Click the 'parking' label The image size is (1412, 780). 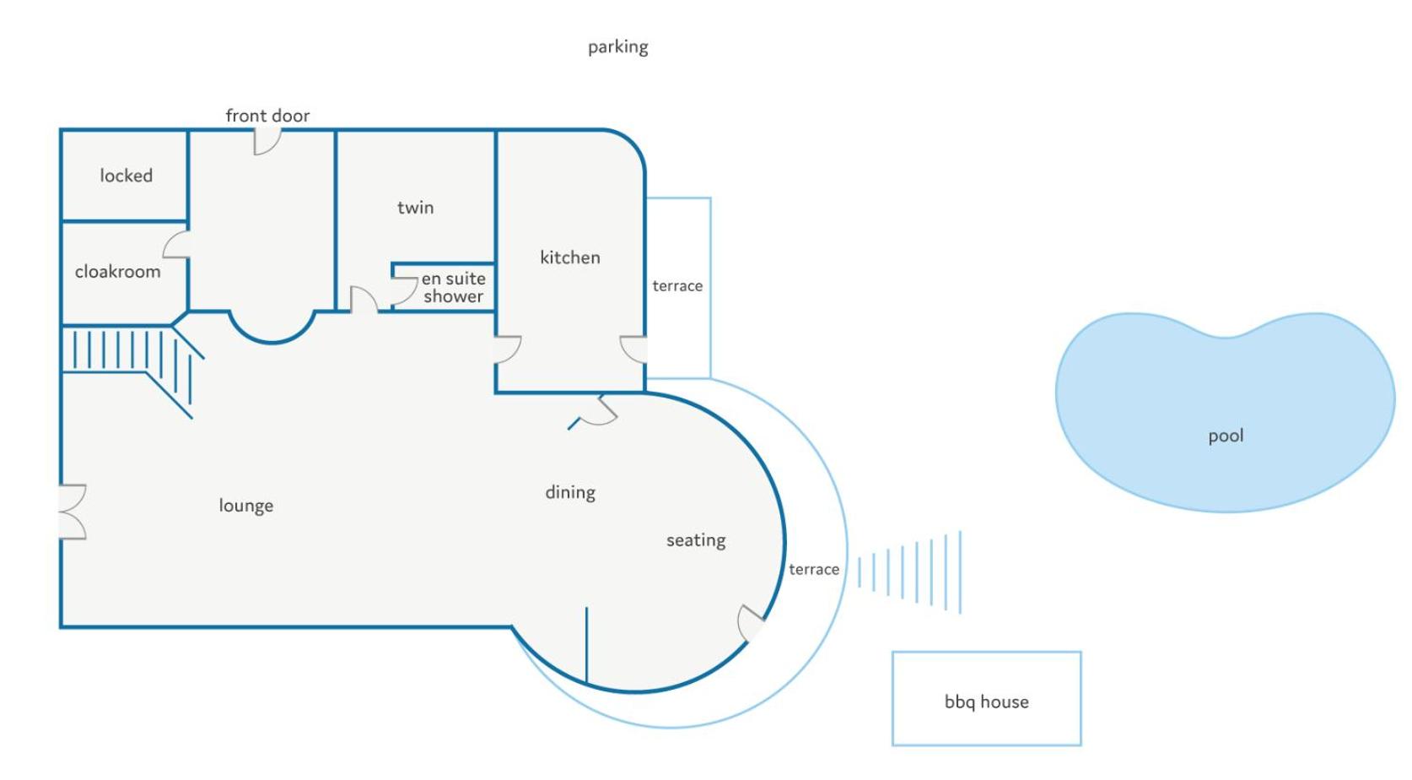point(617,47)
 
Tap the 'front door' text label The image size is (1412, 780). point(268,116)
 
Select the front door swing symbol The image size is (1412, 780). point(267,141)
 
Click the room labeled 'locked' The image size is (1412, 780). point(125,176)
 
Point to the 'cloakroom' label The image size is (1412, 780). point(118,272)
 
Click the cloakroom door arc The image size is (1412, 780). point(176,244)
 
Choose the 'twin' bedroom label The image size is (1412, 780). point(415,208)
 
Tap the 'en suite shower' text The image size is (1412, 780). point(454,287)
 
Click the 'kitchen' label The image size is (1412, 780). point(570,257)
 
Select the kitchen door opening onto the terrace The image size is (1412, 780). point(633,349)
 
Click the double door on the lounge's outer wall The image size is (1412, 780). point(73,512)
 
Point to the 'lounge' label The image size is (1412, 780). point(245,506)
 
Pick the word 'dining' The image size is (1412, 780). point(570,493)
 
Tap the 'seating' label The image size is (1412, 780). point(696,541)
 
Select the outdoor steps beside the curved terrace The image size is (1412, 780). point(909,572)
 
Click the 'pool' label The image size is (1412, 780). point(1226,436)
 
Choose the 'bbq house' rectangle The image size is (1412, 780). point(987,699)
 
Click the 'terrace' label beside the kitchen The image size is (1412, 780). point(677,286)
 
